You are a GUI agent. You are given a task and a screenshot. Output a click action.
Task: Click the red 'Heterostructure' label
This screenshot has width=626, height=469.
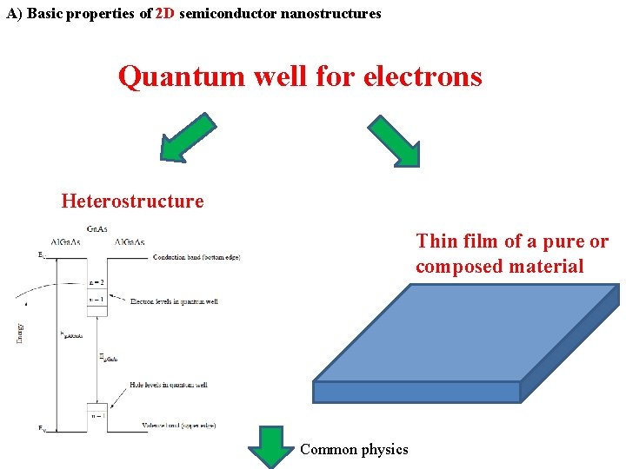pos(132,201)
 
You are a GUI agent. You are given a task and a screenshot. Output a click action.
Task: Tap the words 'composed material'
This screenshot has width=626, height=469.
pos(500,267)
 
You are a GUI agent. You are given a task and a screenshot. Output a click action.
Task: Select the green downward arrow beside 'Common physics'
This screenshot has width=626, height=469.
pos(271,446)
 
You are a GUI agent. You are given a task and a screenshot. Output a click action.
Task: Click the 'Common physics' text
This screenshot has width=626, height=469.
pos(354,449)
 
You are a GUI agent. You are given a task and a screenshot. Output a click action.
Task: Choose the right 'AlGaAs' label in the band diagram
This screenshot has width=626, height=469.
pos(130,242)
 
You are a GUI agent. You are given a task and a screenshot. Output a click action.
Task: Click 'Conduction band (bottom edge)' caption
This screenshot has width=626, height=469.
pos(196,257)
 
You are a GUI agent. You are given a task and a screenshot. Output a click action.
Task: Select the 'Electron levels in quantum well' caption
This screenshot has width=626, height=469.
pos(174,301)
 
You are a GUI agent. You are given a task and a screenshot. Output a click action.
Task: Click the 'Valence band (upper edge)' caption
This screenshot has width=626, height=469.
pos(178,426)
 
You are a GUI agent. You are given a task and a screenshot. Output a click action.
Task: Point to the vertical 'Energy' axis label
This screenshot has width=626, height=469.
pos(20,332)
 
